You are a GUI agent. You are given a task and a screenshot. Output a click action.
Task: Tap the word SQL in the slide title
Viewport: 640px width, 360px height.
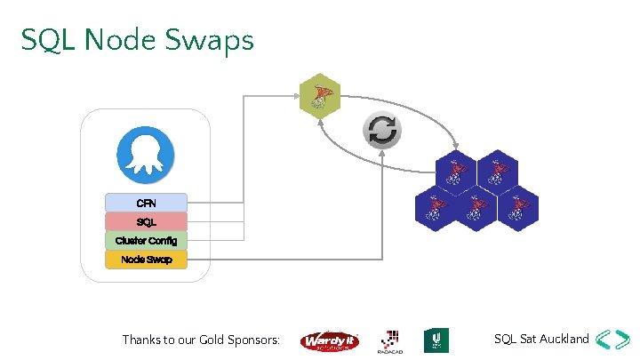42,40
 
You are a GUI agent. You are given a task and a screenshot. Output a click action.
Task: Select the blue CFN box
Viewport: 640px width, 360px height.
146,203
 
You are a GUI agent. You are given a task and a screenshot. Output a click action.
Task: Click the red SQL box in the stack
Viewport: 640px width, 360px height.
146,221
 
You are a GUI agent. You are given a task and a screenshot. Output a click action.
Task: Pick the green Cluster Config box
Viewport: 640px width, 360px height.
146,240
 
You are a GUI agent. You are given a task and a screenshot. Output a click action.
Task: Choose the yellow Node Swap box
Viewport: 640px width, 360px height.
146,259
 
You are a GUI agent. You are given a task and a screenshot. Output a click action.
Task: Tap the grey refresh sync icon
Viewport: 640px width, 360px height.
382,131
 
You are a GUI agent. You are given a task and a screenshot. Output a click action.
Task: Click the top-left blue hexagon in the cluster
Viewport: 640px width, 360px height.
456,171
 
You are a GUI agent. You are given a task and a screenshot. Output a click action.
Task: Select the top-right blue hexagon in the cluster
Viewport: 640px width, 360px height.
497,171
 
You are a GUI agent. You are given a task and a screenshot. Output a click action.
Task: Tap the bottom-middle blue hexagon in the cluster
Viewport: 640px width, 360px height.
476,206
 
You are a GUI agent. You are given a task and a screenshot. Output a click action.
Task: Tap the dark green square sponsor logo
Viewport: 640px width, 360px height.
436,340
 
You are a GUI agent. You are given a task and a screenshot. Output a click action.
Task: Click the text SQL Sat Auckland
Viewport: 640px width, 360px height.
541,339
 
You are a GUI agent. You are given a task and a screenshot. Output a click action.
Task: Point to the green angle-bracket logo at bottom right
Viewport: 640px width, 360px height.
614,340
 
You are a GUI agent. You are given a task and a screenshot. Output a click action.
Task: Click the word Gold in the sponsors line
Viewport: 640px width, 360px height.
216,340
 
